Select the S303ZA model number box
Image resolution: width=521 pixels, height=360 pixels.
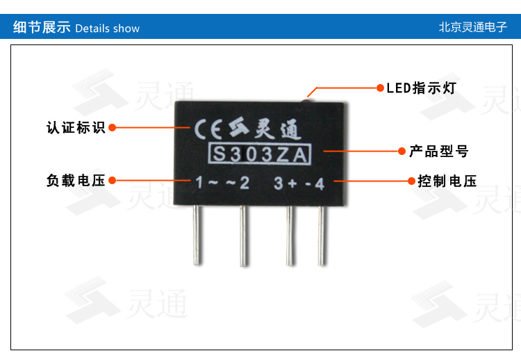point(260,154)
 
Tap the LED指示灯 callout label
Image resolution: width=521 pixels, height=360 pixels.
point(421,88)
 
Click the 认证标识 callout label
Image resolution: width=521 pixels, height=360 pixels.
point(76,128)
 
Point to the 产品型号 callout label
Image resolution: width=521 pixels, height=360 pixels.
point(439,152)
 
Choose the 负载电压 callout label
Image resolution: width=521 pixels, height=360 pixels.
point(76,181)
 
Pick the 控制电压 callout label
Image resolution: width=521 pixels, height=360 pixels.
point(447,181)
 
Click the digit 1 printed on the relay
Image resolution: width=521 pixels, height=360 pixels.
point(199,183)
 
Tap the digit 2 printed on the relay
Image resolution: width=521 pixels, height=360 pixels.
point(245,183)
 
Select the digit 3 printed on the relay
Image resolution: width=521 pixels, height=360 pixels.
point(278,183)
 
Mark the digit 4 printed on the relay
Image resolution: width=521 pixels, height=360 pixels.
point(320,184)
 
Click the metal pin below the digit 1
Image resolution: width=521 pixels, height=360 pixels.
point(197,235)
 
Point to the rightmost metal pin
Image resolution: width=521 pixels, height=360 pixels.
point(322,236)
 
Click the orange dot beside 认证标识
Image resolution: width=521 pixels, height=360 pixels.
point(113,128)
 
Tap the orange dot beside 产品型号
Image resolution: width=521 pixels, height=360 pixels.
point(402,152)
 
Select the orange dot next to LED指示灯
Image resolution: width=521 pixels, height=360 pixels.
point(380,88)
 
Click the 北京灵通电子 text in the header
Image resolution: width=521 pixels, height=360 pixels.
point(473,27)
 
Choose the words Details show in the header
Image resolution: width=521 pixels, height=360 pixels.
point(107,28)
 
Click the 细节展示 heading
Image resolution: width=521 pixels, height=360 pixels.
point(42,27)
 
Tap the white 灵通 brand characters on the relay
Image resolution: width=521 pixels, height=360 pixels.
point(278,129)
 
